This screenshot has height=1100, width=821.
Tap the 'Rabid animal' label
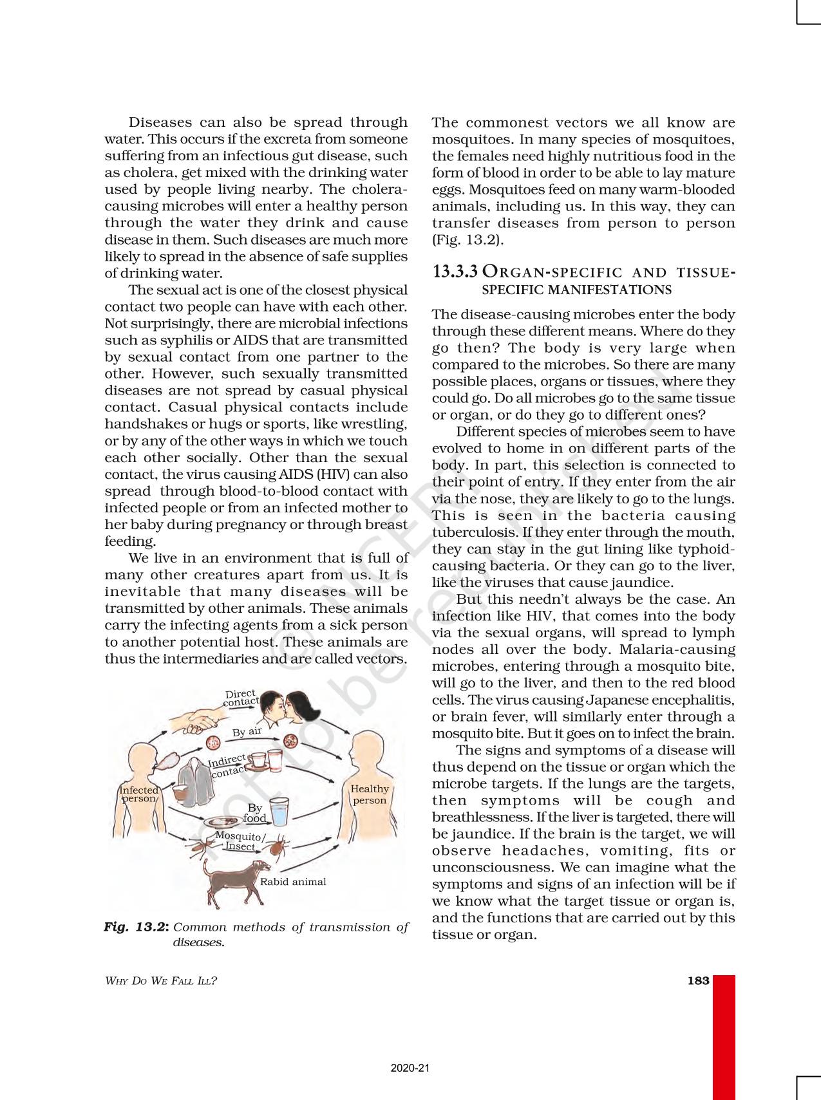click(293, 882)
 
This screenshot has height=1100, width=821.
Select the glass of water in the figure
click(280, 812)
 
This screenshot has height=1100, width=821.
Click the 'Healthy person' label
click(370, 794)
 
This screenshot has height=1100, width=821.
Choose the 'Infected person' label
click(138, 794)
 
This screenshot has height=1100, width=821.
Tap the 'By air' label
click(247, 731)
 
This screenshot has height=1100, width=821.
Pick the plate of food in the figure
click(223, 822)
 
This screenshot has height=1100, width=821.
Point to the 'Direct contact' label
click(241, 698)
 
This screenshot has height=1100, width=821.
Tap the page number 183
click(698, 980)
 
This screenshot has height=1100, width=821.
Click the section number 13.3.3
click(455, 272)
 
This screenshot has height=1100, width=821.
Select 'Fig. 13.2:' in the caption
click(137, 927)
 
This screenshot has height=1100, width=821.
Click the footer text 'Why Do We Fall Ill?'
click(161, 981)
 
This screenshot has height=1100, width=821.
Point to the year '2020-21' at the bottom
click(410, 1068)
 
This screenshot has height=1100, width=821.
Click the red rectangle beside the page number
click(724, 1036)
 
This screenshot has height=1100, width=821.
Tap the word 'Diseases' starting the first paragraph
click(160, 122)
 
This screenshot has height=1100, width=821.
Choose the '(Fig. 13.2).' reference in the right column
click(467, 239)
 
